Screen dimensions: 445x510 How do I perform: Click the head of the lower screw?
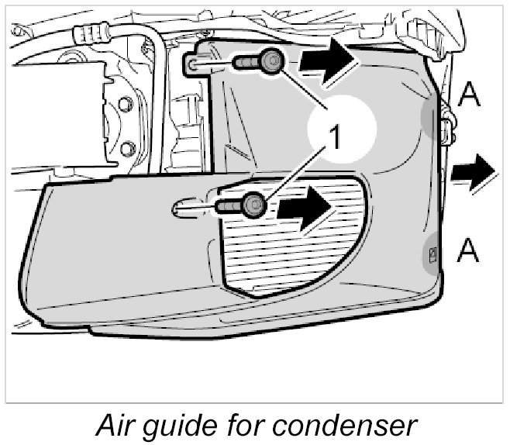(252, 205)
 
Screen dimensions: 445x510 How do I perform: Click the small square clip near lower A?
(432, 254)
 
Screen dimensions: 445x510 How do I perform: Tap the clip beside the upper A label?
(446, 128)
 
